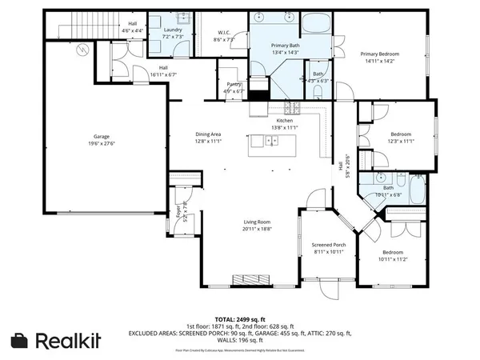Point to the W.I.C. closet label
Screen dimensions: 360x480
click(x=223, y=34)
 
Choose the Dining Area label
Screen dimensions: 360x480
click(x=208, y=134)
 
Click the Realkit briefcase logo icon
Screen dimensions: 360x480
click(x=19, y=340)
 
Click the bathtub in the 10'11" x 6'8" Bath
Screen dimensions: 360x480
click(x=417, y=190)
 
